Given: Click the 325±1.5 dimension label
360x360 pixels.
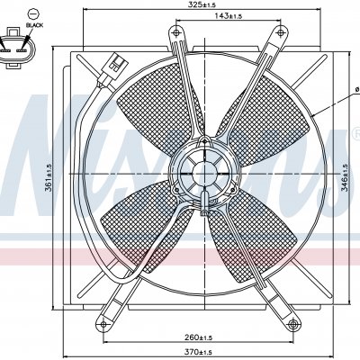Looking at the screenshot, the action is pos(202,4).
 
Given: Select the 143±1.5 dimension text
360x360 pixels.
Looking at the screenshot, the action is pos(228,15).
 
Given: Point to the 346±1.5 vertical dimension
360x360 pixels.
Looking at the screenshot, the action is pos(345,177).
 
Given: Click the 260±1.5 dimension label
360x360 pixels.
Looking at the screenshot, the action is pos(198,337).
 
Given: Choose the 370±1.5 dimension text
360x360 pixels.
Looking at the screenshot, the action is pos(198,351).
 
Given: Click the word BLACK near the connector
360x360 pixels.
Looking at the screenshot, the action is pos(34,25).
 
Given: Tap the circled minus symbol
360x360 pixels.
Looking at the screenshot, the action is pos(33,14).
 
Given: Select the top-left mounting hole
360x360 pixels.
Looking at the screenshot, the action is pos(175,31).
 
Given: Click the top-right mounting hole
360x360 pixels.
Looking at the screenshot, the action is pos(281,31).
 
